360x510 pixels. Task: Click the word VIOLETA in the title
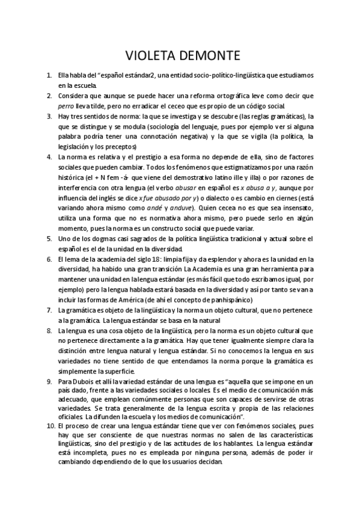(x=150, y=56)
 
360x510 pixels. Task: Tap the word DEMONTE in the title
(x=209, y=56)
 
